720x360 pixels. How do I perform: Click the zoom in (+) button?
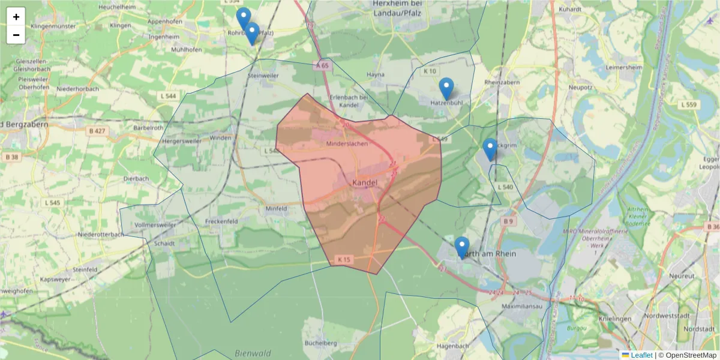point(16,17)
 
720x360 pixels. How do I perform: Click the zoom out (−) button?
point(16,35)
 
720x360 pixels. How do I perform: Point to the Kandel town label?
point(365,182)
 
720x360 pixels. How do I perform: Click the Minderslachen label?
point(350,145)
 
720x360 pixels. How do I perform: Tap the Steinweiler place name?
point(263,76)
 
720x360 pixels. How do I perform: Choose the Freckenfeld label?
point(222,221)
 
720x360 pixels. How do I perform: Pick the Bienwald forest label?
point(253,353)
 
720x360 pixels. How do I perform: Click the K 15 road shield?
point(344,260)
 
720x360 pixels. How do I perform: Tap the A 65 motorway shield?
point(322,65)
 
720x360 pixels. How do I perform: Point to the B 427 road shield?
point(97,131)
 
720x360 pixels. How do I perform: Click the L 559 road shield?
point(690,105)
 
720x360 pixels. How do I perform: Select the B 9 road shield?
point(509,221)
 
